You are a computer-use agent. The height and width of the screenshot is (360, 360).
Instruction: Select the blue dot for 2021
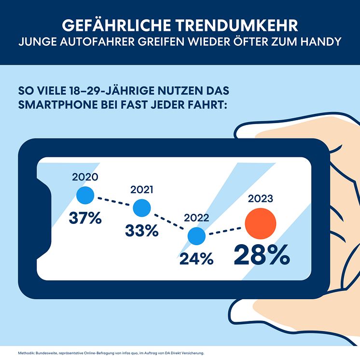pyautogui.click(x=141, y=208)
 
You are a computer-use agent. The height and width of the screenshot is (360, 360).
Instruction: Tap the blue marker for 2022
pyautogui.click(x=196, y=236)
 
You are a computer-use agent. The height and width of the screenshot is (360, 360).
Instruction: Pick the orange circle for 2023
pyautogui.click(x=260, y=224)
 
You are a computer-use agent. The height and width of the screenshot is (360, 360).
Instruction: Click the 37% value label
pyautogui.click(x=85, y=218)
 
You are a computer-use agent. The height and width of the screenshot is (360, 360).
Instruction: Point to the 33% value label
pyautogui.click(x=142, y=230)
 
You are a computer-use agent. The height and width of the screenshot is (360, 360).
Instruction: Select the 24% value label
pyautogui.click(x=196, y=259)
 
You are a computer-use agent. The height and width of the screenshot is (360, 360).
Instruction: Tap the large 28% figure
pyautogui.click(x=262, y=255)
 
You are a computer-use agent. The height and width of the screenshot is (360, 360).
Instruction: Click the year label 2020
pyautogui.click(x=85, y=177)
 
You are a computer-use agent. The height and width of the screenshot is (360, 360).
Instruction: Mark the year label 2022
pyautogui.click(x=196, y=218)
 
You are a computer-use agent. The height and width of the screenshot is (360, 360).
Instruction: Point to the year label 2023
pyautogui.click(x=261, y=198)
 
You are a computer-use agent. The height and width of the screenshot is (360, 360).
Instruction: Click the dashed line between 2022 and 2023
pyautogui.click(x=224, y=231)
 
